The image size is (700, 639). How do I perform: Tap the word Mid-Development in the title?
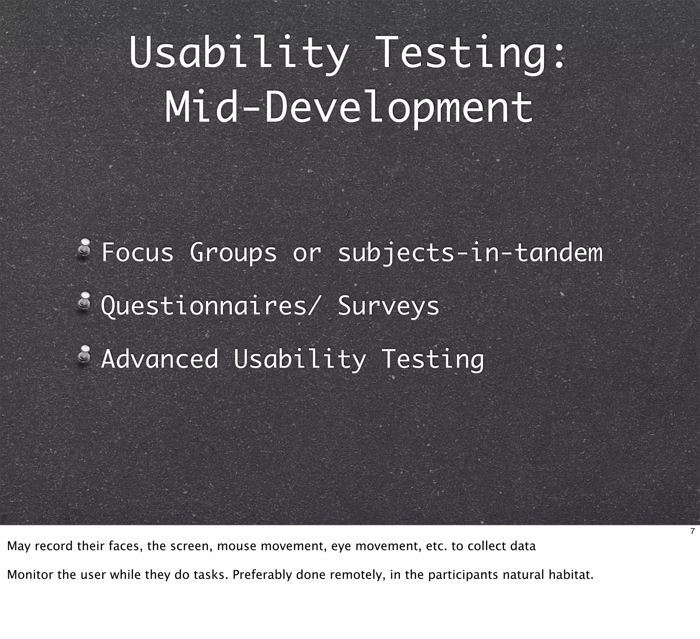tap(349, 107)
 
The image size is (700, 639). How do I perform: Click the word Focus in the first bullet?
tap(137, 252)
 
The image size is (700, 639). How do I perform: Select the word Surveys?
tap(389, 306)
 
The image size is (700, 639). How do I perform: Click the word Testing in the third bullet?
tap(433, 359)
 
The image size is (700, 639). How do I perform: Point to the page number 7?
tap(692, 531)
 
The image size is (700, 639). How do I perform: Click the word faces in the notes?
tap(125, 546)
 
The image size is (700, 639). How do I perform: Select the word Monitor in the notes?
tap(30, 575)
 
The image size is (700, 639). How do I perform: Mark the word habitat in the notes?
tap(571, 575)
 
